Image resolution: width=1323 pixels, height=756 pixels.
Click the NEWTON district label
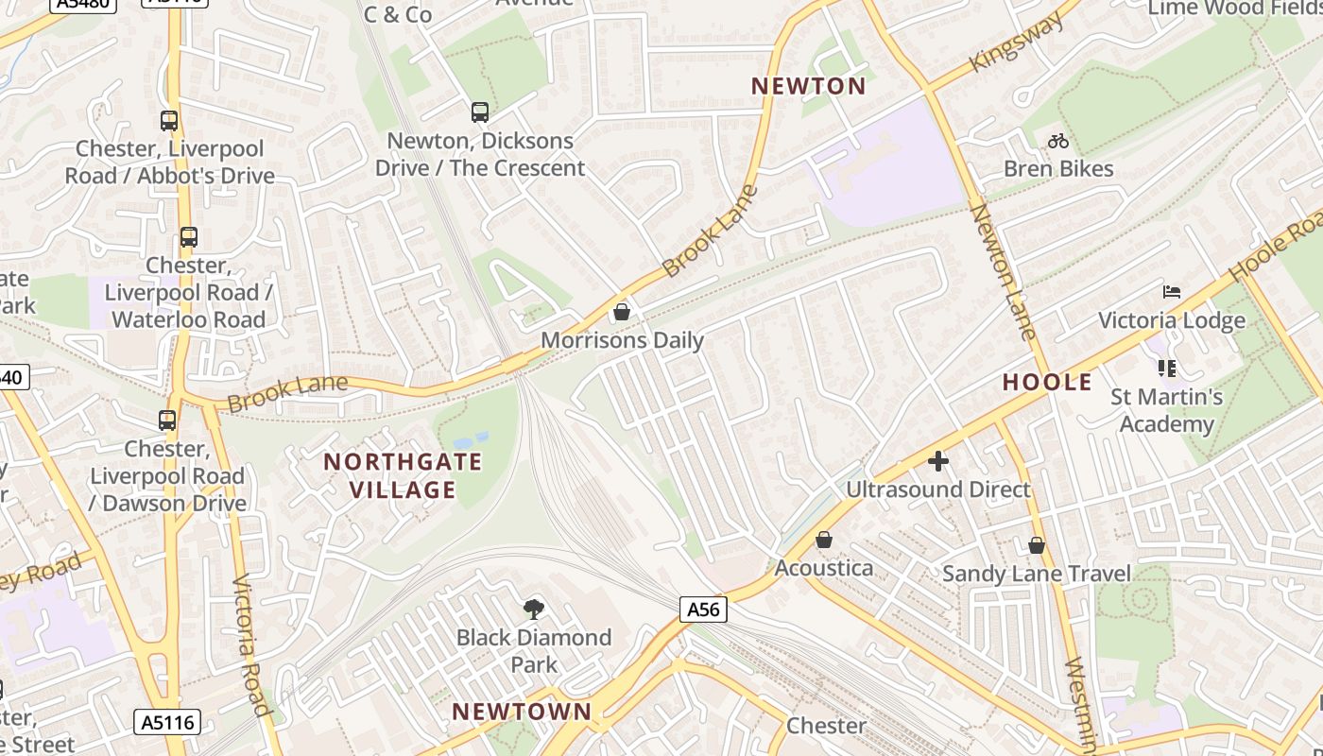[808, 86]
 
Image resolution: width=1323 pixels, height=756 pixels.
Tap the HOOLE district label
[1047, 382]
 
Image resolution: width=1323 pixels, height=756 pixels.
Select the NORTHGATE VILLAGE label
[403, 475]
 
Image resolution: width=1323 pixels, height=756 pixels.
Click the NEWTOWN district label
[521, 711]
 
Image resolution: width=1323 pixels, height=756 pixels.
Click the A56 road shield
[703, 610]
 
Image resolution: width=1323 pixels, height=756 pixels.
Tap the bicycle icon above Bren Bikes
[1058, 141]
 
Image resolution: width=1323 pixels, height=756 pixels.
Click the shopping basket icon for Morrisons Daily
[622, 311]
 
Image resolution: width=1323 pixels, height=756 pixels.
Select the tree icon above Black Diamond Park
[534, 609]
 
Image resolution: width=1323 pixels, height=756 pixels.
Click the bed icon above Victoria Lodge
[1172, 291]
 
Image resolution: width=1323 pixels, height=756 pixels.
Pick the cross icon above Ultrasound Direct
[937, 460]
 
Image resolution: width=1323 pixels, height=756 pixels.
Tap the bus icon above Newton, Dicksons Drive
[480, 112]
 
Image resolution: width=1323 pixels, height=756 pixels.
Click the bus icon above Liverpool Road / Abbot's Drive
[169, 121]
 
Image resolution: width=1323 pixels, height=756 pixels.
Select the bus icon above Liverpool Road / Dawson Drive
[167, 421]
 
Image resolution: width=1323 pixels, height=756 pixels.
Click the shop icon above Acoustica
[824, 539]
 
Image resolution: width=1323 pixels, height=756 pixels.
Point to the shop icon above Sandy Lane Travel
[1037, 544]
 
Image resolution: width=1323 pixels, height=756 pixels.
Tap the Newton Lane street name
[1003, 271]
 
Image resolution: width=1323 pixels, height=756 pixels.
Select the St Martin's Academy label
[1166, 410]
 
